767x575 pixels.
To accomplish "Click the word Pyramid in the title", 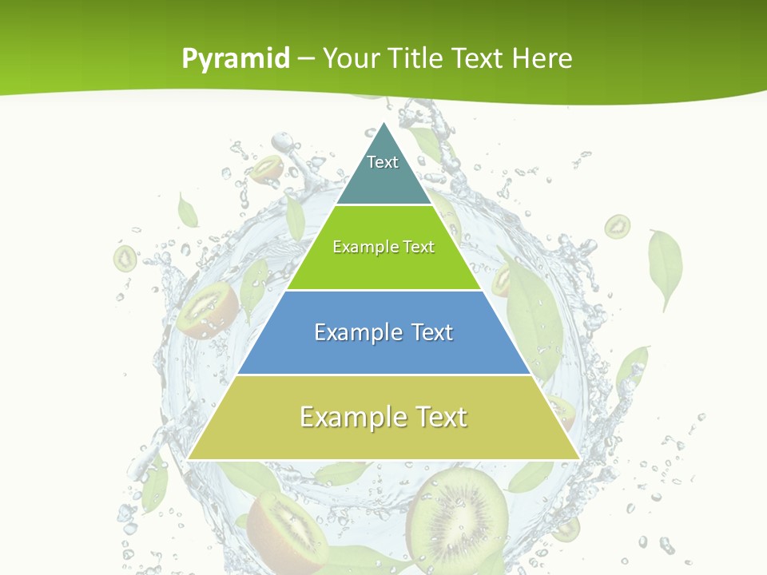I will pos(236,58).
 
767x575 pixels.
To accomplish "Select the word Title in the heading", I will pos(417,58).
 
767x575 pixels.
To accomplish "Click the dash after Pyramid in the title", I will pos(306,59).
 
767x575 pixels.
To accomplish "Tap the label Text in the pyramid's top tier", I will pos(383,162).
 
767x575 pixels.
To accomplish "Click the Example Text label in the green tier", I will pos(383,247).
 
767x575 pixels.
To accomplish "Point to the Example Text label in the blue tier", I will pos(383,332).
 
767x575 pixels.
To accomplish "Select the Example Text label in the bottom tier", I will pos(383,417).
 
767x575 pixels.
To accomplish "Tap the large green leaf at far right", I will pos(666,267).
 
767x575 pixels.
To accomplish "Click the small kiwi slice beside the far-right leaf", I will pos(617,227).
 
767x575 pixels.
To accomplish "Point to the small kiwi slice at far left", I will pos(125,258).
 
